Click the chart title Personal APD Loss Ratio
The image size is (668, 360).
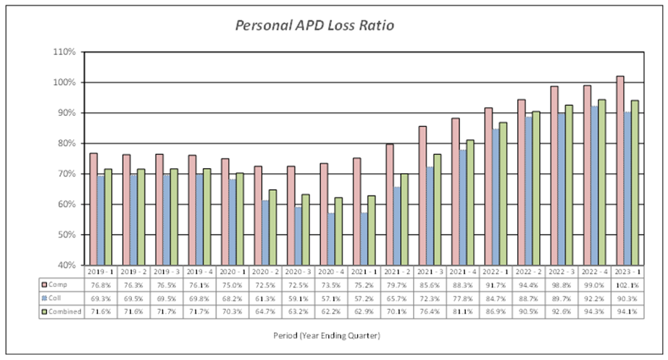314,25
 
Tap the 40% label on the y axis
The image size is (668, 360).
67,265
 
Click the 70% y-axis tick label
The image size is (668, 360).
67,174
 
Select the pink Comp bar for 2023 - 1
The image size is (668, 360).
619,170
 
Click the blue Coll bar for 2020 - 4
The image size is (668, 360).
331,239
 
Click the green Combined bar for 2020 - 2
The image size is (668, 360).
272,227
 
